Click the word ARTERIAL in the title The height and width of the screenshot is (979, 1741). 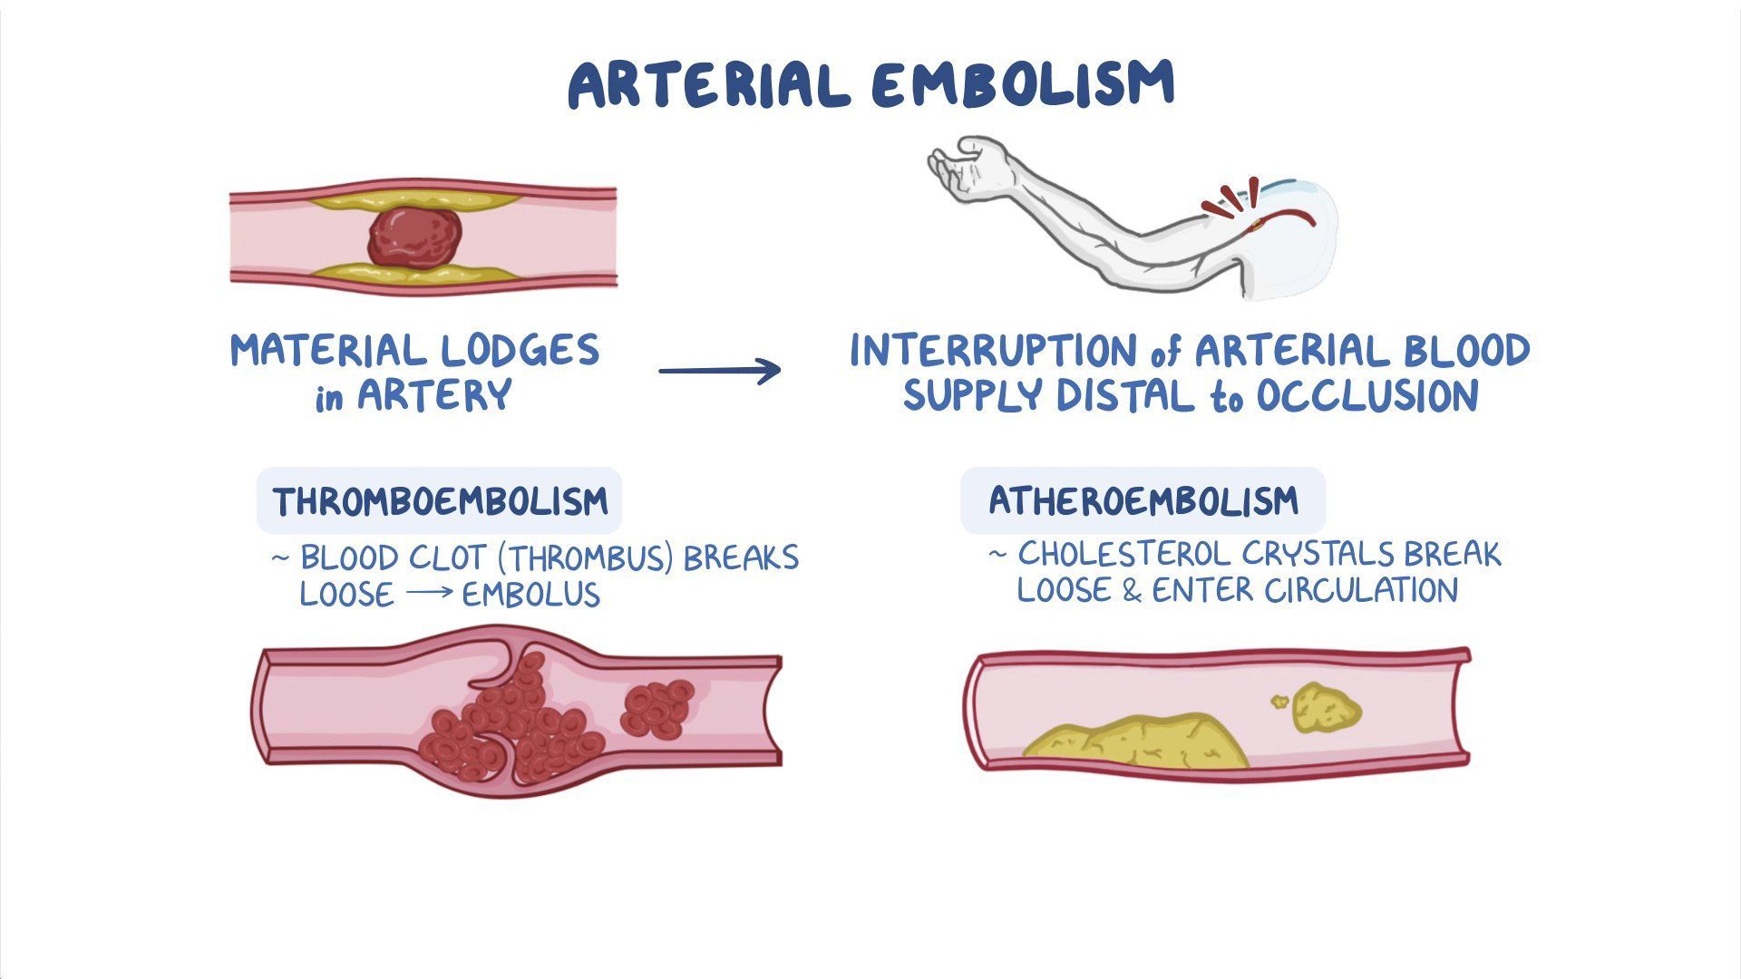pyautogui.click(x=709, y=86)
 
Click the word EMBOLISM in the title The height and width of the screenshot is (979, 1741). pyautogui.click(x=1023, y=86)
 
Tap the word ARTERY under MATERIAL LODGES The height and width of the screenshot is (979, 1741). pyautogui.click(x=434, y=396)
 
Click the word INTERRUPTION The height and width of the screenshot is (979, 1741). pyautogui.click(x=993, y=351)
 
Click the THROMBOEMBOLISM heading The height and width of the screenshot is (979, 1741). pyautogui.click(x=440, y=501)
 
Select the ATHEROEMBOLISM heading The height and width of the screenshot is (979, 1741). pyautogui.click(x=1143, y=500)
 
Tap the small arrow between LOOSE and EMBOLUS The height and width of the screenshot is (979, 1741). pyautogui.click(x=428, y=596)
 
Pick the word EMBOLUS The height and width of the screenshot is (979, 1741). pyautogui.click(x=531, y=596)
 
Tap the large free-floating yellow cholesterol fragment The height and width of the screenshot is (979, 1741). pyautogui.click(x=1327, y=708)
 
